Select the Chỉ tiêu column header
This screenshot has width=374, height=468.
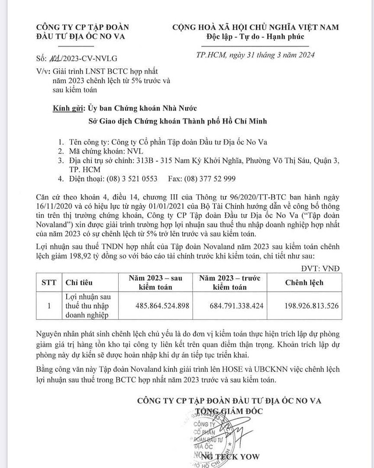80,282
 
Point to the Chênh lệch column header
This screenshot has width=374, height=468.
304,282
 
